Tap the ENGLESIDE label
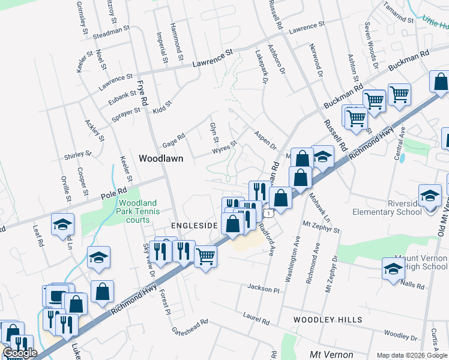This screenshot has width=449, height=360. (x=193, y=226)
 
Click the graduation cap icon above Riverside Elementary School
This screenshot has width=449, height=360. (x=429, y=196)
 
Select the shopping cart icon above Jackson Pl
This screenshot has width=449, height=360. (x=205, y=256)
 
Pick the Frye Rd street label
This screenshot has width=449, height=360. (x=142, y=94)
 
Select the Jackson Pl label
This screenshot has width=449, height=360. (x=264, y=289)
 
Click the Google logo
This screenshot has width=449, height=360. (x=20, y=353)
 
